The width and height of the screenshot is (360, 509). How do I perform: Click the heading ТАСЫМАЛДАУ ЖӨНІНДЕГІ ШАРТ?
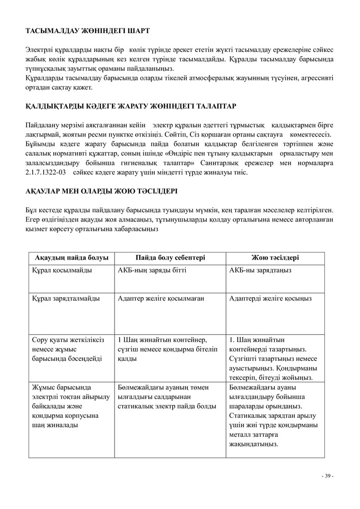pos(87,31)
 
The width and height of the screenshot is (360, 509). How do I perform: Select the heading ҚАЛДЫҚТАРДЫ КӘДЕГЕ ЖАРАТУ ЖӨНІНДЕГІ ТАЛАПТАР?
pos(131,106)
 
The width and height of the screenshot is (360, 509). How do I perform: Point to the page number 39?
pos(327,476)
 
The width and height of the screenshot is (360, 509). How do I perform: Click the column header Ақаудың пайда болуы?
pos(72,258)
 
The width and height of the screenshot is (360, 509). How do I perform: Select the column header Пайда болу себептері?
pos(170,258)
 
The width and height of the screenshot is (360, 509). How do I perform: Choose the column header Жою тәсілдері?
pos(275,258)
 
